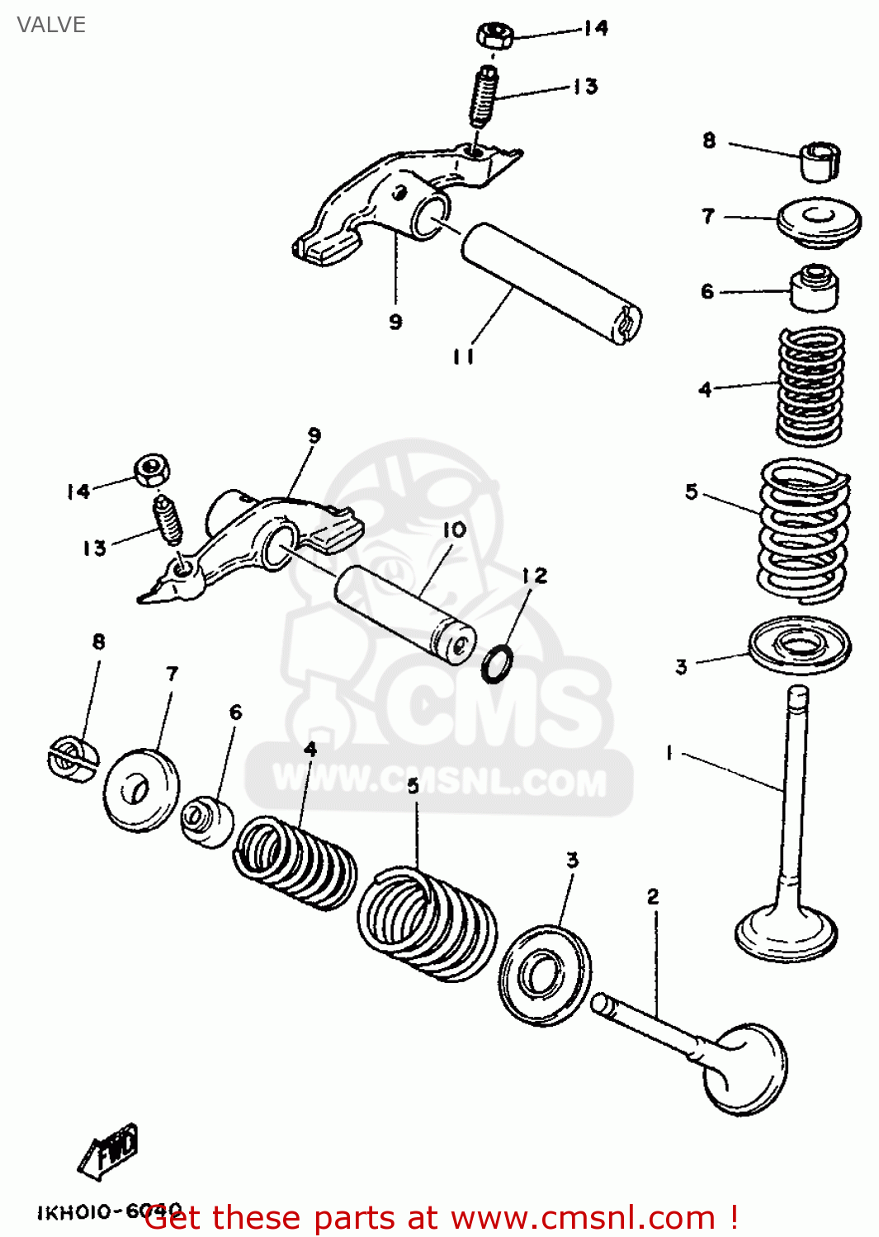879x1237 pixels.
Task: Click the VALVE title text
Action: coord(51,25)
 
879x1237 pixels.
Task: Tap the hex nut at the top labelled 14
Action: coord(495,35)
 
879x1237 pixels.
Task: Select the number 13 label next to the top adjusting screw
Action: coord(585,86)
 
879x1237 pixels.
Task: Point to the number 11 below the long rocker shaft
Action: coord(463,356)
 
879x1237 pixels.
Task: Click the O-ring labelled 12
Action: coord(497,664)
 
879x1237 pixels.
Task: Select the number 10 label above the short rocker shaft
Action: coord(454,530)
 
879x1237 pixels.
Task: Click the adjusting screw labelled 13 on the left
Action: coord(168,520)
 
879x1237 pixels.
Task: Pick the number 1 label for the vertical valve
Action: coord(669,752)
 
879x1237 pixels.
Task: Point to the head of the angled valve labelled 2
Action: coord(745,1070)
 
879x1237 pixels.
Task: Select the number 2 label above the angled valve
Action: coord(653,896)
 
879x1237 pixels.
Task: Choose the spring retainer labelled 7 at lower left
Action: coord(141,790)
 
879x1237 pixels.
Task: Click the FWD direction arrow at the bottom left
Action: coord(110,1151)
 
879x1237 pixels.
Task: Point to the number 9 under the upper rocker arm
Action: coord(395,322)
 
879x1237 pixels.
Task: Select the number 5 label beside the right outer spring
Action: coord(692,492)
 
